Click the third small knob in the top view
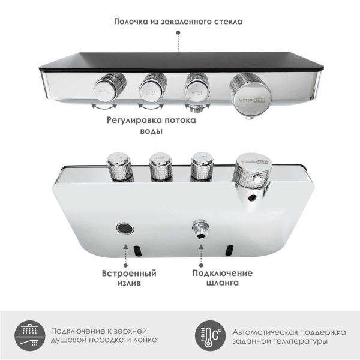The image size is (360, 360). coord(195,88)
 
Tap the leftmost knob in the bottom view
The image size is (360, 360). coord(116,167)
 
